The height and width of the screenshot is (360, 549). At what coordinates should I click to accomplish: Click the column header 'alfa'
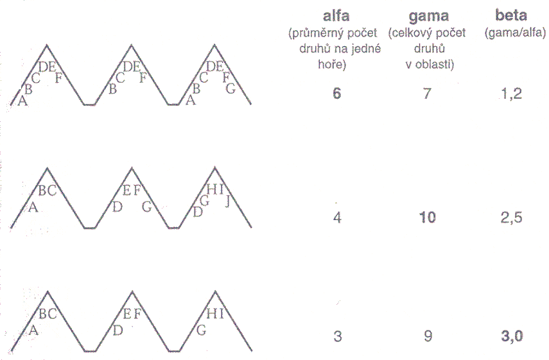(x=336, y=16)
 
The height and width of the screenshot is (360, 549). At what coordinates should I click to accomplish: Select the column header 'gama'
(x=428, y=17)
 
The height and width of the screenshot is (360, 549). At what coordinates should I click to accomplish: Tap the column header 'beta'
(x=511, y=15)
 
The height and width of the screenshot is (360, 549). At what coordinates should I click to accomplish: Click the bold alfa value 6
(x=336, y=94)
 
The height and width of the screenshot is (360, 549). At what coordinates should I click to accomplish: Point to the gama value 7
(x=427, y=94)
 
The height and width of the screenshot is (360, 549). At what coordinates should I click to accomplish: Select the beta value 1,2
(x=512, y=94)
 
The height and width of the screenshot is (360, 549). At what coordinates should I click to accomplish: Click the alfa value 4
(x=337, y=218)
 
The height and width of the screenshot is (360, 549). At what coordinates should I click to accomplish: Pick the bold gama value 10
(x=428, y=218)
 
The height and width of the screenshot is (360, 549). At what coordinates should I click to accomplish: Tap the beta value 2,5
(x=512, y=218)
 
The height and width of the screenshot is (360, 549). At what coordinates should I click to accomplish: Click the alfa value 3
(x=337, y=336)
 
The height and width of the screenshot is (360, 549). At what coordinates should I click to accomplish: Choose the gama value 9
(x=428, y=336)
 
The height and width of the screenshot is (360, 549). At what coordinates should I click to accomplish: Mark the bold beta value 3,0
(x=512, y=336)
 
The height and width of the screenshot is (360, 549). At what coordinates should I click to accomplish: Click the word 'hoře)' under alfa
(x=332, y=64)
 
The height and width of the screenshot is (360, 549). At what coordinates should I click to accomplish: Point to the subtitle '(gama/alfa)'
(x=515, y=33)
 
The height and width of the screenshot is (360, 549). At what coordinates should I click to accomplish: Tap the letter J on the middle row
(x=227, y=201)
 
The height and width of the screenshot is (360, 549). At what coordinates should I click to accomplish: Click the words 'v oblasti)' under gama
(x=430, y=65)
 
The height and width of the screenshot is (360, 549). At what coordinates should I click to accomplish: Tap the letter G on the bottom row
(x=202, y=330)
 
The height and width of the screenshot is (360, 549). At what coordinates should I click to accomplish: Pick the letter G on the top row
(x=231, y=89)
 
